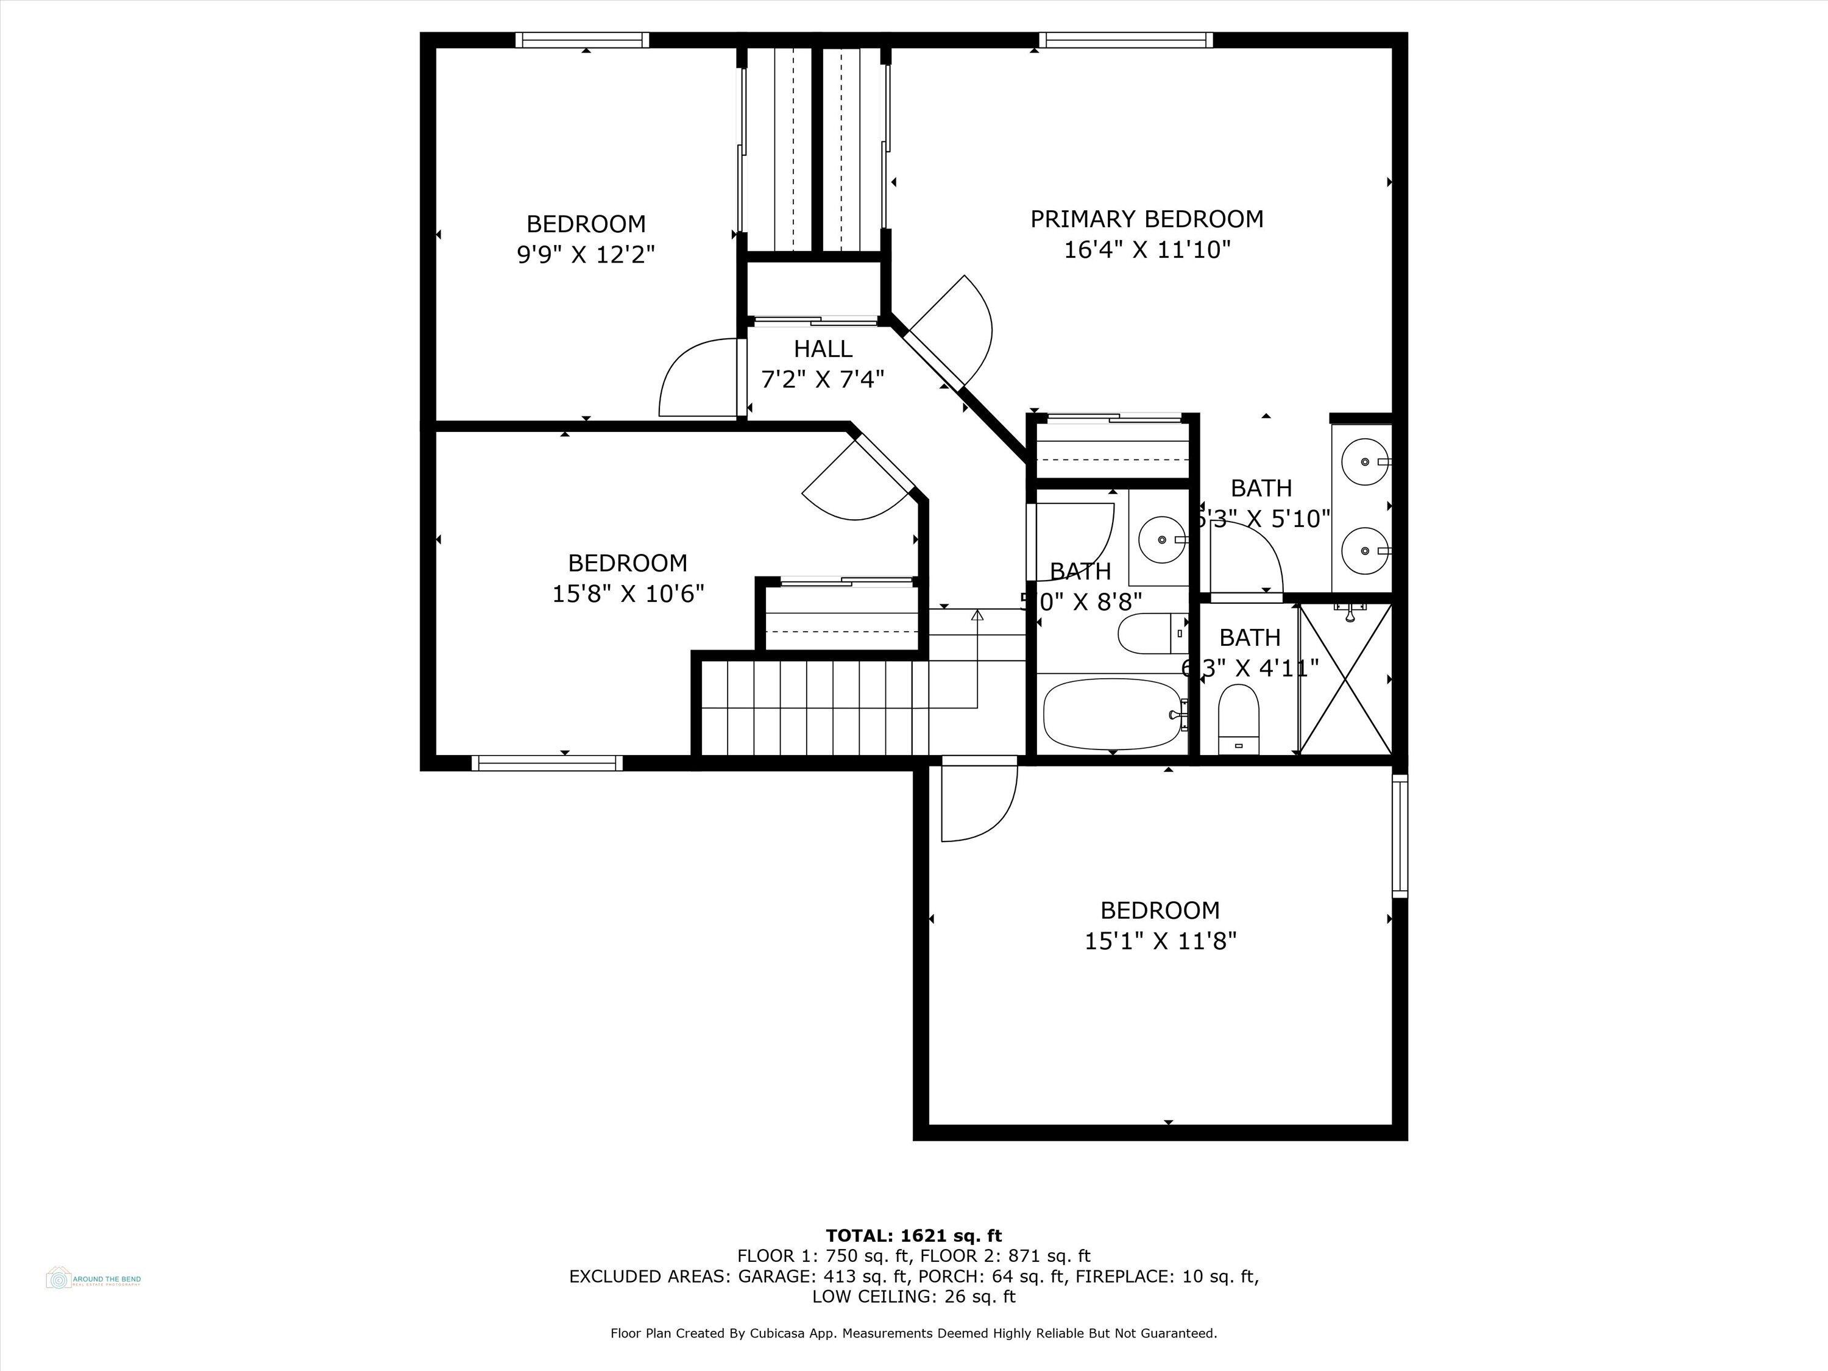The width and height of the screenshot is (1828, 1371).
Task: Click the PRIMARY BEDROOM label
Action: pyautogui.click(x=1146, y=219)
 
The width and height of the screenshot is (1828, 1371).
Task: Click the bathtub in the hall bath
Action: pyautogui.click(x=1111, y=714)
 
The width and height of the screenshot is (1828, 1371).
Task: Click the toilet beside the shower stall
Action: pyautogui.click(x=1238, y=719)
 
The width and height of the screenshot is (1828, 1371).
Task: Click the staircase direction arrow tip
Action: pyautogui.click(x=977, y=614)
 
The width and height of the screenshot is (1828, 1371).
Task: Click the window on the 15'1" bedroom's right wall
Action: pyautogui.click(x=1399, y=835)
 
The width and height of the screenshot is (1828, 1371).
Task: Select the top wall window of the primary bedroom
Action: pyautogui.click(x=1125, y=40)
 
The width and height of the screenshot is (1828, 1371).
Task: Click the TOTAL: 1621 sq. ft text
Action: pyautogui.click(x=913, y=1236)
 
